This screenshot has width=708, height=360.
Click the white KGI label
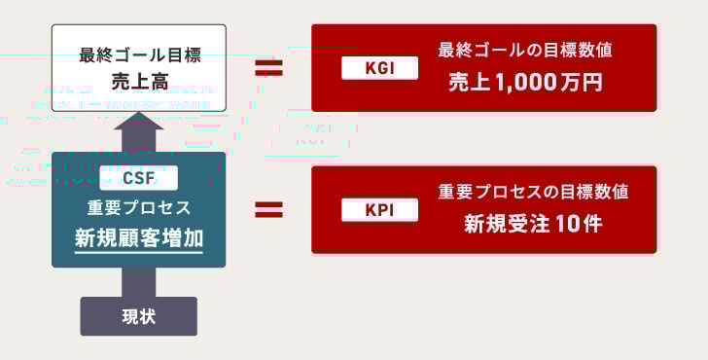380,68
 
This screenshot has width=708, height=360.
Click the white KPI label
380,210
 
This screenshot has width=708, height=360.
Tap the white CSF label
138,178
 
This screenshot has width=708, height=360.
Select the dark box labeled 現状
138,316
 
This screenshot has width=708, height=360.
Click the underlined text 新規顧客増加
138,237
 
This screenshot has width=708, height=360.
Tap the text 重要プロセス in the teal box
138,208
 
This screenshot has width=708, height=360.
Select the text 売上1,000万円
525,82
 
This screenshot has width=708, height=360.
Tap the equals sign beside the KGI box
268,68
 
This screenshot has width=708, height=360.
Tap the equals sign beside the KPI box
268,210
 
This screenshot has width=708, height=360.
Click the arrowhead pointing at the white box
138,123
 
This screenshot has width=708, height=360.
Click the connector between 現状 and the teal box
138,282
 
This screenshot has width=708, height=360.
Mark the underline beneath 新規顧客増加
138,253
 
